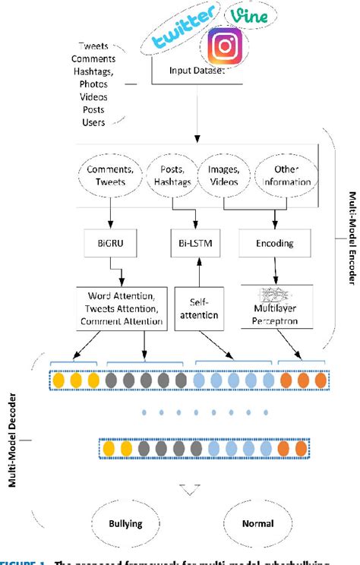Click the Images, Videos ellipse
click(x=225, y=176)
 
